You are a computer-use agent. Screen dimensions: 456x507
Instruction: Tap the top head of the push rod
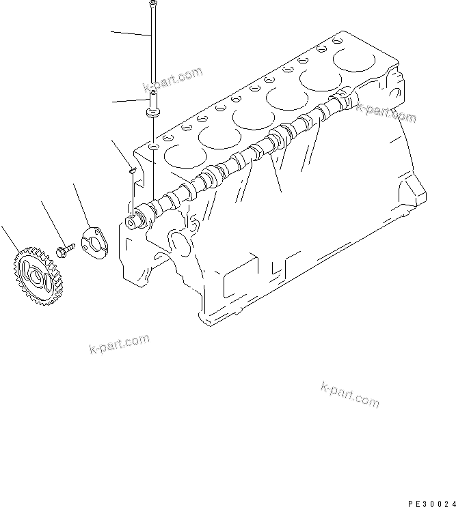pos(150,5)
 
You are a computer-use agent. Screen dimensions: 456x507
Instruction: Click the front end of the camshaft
pos(131,221)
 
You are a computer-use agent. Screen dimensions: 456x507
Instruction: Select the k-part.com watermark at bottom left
pos(119,345)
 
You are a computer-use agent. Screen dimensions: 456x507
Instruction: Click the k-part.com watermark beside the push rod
pos(173,80)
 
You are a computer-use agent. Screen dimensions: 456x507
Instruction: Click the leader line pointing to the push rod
pos(130,33)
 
